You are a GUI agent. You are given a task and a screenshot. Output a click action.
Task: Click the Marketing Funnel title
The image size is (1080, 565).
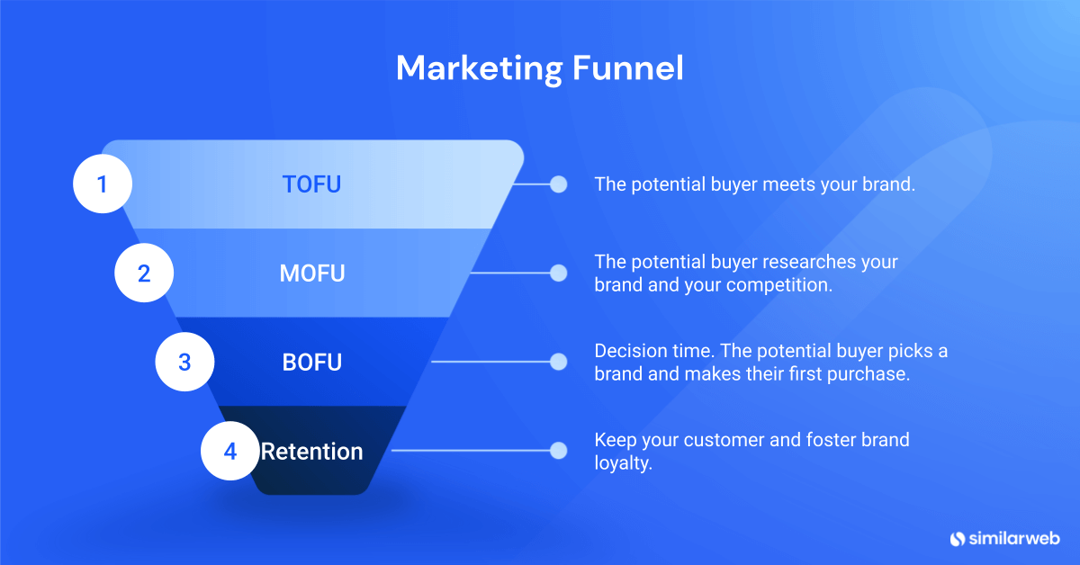(x=539, y=68)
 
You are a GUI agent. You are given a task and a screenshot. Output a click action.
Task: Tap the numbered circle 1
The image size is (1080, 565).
(x=103, y=184)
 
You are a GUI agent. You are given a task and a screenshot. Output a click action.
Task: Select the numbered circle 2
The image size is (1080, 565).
(x=144, y=274)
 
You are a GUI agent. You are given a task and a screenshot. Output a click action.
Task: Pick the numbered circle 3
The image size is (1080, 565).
(x=184, y=363)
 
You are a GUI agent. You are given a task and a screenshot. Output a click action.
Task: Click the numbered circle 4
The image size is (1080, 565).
(x=229, y=451)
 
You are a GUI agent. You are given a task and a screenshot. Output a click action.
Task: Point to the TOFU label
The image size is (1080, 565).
(x=312, y=184)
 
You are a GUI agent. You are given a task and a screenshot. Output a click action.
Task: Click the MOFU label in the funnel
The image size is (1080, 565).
(x=312, y=274)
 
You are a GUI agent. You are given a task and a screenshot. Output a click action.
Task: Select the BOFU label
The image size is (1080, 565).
(x=312, y=363)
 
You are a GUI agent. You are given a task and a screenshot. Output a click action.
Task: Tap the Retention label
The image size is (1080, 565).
(x=312, y=451)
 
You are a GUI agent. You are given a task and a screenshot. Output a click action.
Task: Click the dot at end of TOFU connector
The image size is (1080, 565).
(x=558, y=184)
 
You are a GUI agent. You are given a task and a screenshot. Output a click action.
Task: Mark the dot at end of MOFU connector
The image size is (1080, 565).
(x=558, y=274)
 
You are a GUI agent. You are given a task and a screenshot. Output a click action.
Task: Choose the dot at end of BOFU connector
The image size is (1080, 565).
(x=558, y=363)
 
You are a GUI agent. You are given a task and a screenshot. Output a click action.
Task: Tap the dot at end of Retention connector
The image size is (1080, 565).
(x=558, y=451)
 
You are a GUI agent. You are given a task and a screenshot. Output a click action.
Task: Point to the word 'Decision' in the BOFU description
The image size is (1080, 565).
(x=626, y=351)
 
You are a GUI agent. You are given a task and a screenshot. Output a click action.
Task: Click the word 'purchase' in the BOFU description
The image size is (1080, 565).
(x=873, y=374)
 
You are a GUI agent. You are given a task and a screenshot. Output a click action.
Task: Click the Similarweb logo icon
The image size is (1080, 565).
(x=957, y=538)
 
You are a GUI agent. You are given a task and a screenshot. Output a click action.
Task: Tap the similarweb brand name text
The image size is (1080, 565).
(x=1014, y=538)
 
